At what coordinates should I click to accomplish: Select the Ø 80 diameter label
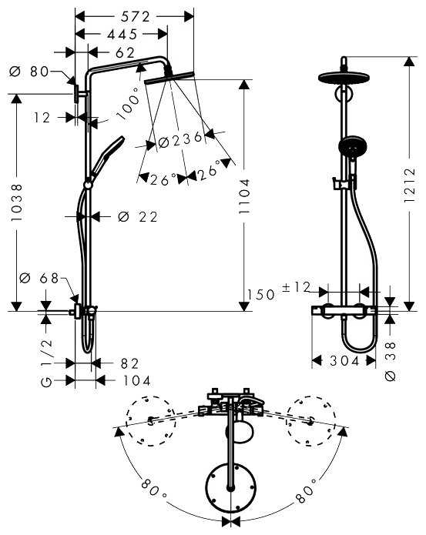(29, 72)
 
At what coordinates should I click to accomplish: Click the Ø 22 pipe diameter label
(139, 217)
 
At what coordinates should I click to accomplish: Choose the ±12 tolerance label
(296, 287)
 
